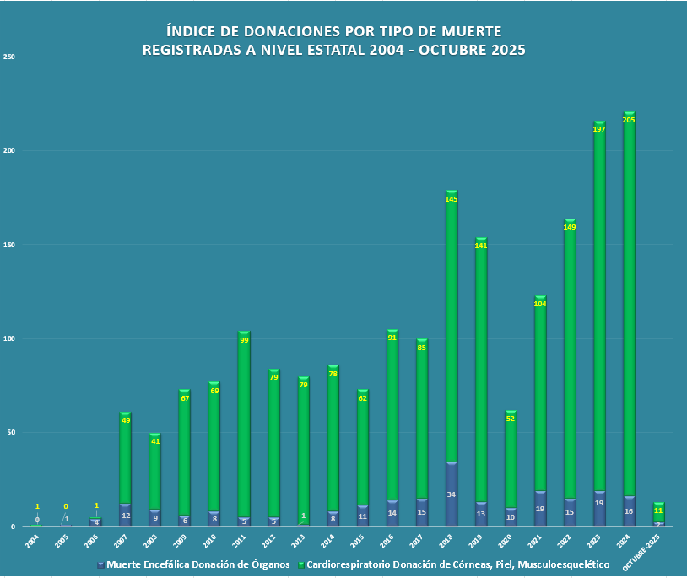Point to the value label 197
coord(599,129)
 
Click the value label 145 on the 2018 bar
coord(452,199)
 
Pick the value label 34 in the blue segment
coord(452,494)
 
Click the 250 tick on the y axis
coord(10,57)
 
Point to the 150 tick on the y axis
coord(10,245)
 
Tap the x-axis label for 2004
coord(32,541)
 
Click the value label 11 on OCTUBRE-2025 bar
coord(658,510)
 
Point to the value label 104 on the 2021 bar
coord(540,304)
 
